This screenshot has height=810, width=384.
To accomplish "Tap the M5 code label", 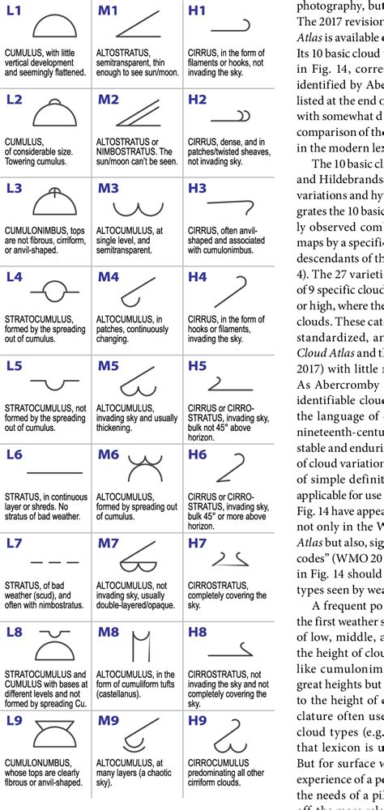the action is click(108, 366).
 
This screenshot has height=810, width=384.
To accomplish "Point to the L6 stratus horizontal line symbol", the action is click(54, 471).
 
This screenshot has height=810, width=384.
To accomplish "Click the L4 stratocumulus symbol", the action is click(54, 289).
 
